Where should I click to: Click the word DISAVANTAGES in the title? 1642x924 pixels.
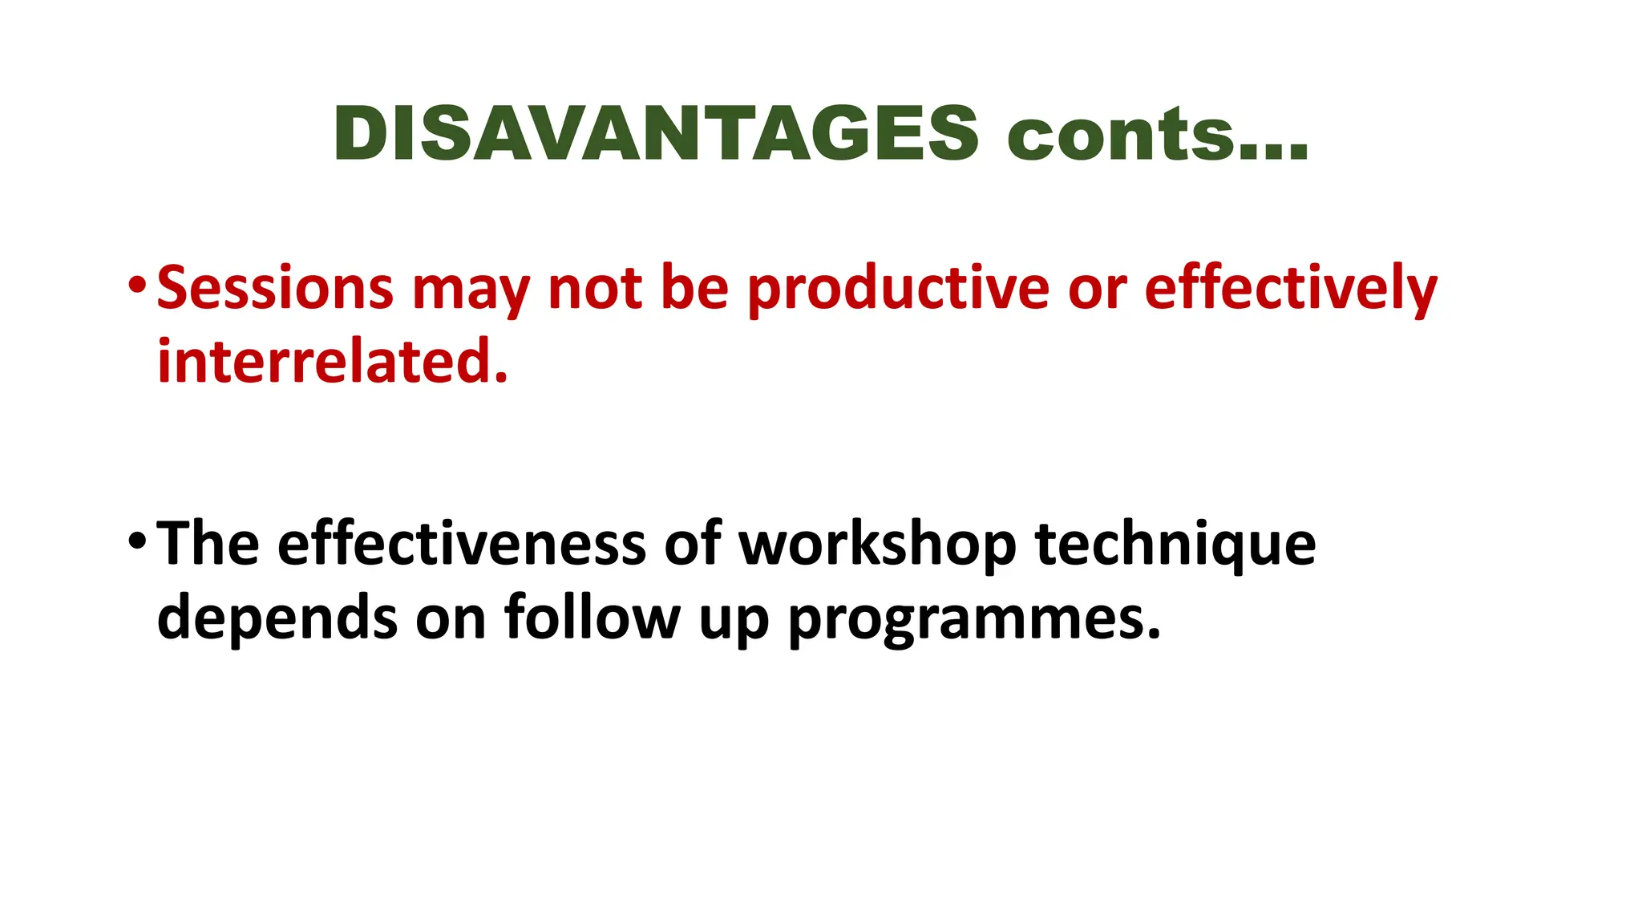655,133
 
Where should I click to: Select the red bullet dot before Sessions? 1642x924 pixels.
137,284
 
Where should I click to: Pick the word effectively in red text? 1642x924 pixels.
1291,289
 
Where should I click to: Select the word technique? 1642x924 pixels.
1175,545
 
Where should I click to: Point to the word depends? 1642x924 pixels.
277,618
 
